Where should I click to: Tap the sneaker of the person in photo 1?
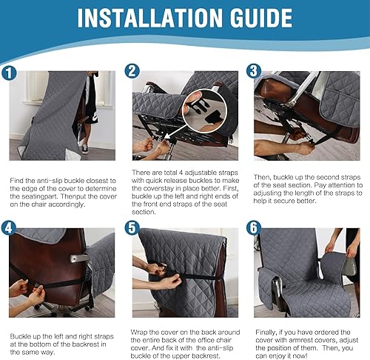pos(86,149)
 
